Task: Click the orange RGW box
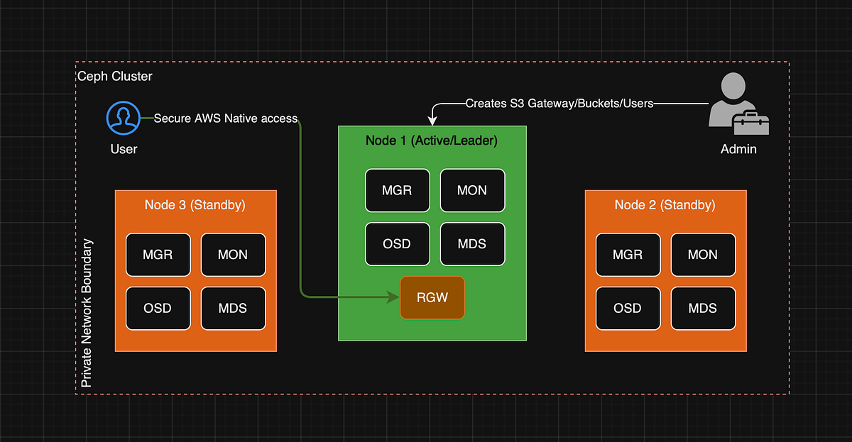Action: tap(432, 297)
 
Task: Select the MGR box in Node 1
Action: tap(397, 190)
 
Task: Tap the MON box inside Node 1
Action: tap(472, 190)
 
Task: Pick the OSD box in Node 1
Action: tap(397, 244)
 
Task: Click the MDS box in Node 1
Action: tap(472, 244)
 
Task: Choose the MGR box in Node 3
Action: tap(158, 255)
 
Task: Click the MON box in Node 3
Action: tap(233, 255)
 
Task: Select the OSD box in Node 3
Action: tap(158, 309)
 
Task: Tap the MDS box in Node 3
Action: tap(233, 309)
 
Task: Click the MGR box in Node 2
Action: tap(628, 255)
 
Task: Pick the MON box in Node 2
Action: tap(703, 255)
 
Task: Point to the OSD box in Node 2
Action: tap(628, 309)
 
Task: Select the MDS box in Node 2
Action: tap(703, 309)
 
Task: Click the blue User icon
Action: tap(124, 118)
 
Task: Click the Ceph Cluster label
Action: tap(114, 76)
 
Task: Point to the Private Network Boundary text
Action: tap(87, 313)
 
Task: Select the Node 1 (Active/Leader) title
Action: tap(432, 140)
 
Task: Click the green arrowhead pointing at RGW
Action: tap(392, 297)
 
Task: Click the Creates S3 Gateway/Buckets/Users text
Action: tap(559, 104)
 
